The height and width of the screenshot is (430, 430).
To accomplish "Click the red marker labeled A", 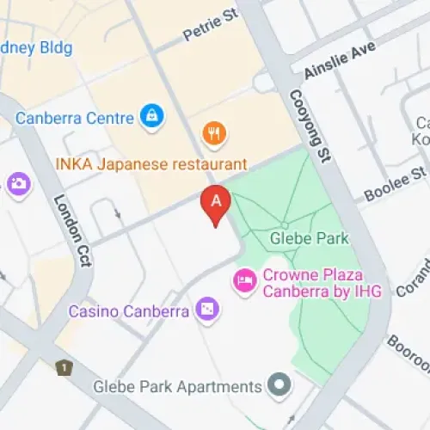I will [215, 204].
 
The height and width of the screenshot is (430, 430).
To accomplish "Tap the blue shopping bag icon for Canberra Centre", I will [152, 116].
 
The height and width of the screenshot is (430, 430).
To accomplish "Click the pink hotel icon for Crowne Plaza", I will [245, 281].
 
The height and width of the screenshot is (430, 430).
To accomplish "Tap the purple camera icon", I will [17, 182].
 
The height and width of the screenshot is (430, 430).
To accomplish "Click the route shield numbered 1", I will [62, 368].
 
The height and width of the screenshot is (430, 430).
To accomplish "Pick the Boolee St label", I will [395, 184].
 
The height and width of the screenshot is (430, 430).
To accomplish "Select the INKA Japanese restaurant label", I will [150, 163].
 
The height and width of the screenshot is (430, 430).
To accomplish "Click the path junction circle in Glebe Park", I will [284, 225].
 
